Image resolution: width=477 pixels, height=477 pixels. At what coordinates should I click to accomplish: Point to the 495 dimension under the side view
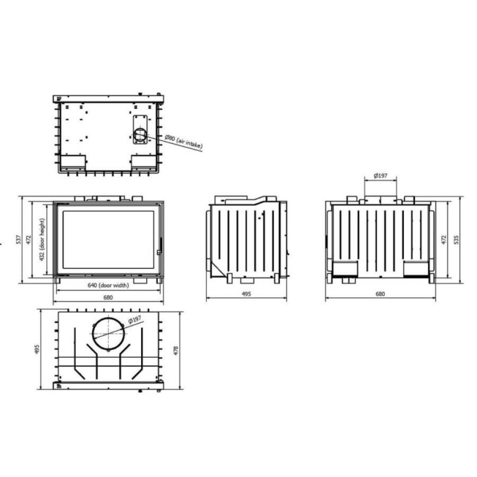tap(246, 295)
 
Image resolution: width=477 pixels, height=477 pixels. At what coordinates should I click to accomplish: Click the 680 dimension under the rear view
tap(380, 294)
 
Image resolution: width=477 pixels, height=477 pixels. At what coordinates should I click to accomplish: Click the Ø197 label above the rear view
tap(380, 175)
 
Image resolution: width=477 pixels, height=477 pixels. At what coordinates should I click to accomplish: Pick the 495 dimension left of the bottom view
tap(37, 349)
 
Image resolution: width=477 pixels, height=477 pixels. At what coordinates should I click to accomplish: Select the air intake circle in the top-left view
tap(140, 136)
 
